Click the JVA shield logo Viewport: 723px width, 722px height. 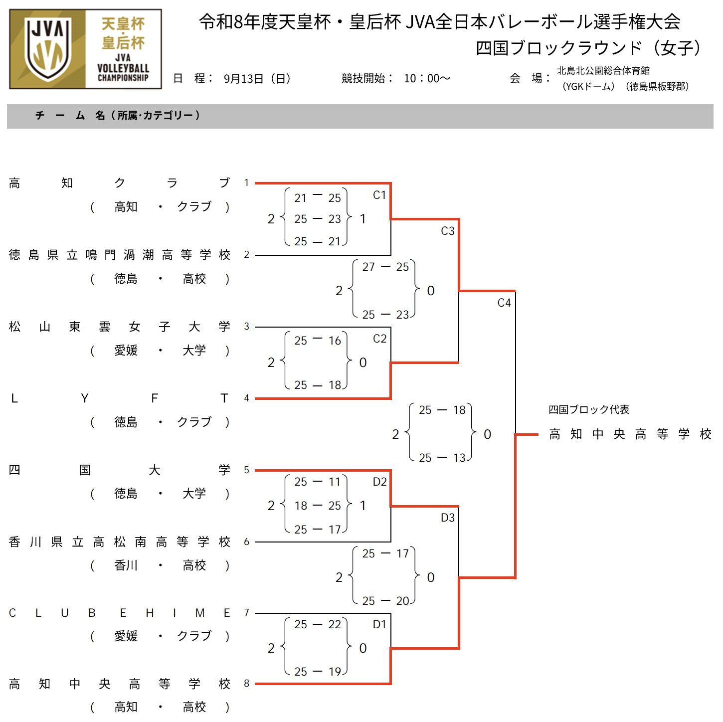48,49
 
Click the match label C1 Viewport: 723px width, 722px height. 379,195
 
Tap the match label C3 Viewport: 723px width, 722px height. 448,231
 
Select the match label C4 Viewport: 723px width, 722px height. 504,303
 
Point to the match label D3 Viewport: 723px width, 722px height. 448,518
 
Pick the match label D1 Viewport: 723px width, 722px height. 379,624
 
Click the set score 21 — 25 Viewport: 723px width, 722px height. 318,197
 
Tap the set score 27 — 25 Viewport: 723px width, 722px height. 385,267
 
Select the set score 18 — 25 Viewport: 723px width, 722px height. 318,506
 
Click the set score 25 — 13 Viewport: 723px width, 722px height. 442,458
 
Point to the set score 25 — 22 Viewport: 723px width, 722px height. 318,624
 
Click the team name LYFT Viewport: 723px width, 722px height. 119,398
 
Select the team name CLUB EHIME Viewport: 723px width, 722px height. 119,613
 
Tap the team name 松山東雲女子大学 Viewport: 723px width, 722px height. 119,327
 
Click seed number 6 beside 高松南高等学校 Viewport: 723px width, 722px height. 246,541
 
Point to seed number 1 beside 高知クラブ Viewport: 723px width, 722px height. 246,183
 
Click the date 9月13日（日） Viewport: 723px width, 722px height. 257,78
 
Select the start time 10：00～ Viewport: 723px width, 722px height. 427,78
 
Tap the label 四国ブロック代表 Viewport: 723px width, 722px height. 589,409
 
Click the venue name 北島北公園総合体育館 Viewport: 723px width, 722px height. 603,70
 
